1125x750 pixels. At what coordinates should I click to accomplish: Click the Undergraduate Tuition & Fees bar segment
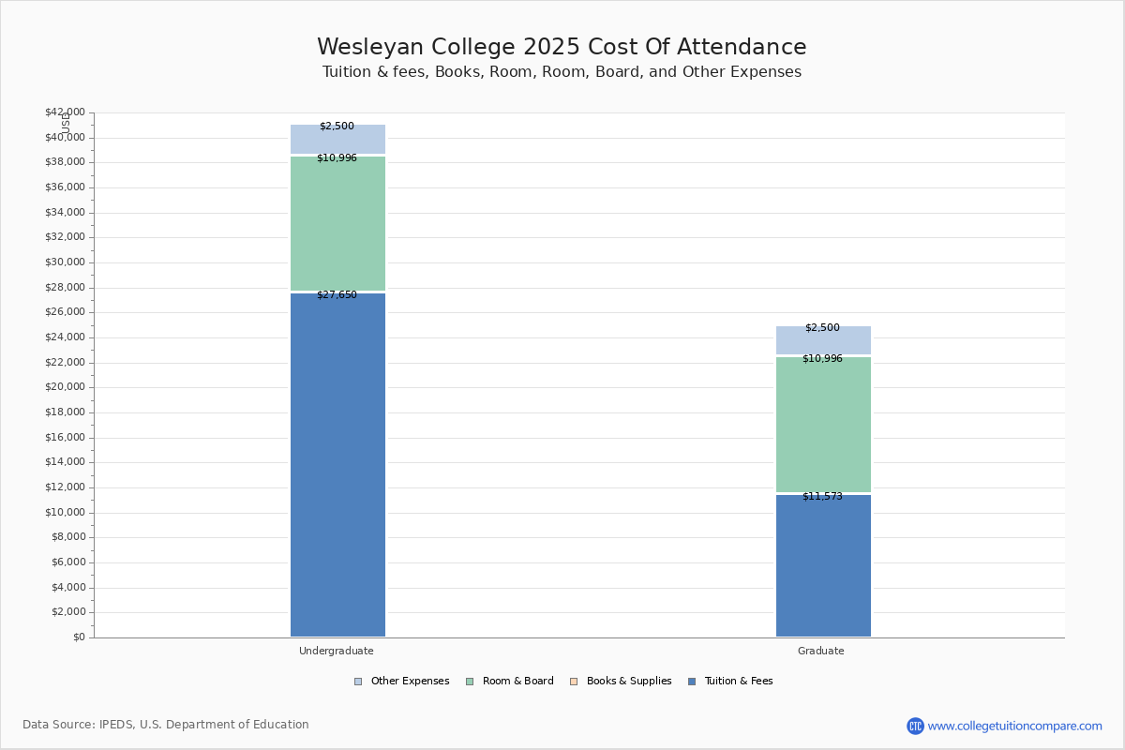click(337, 465)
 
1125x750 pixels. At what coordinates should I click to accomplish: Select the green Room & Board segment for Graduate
click(823, 424)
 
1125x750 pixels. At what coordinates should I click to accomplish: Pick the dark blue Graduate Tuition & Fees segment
click(823, 565)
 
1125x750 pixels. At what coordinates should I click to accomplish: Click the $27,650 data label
click(337, 294)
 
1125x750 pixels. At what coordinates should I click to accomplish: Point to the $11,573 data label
click(822, 496)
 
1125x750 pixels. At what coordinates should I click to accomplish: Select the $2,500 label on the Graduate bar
click(822, 327)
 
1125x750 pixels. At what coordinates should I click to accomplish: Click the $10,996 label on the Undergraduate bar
click(337, 157)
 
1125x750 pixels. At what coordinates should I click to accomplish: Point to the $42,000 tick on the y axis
click(65, 112)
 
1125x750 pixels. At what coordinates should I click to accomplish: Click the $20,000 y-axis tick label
click(65, 387)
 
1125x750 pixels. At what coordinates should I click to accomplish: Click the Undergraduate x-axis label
click(337, 651)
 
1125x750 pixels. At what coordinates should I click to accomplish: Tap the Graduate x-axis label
click(821, 651)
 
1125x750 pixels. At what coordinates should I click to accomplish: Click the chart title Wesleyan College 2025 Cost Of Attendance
click(562, 47)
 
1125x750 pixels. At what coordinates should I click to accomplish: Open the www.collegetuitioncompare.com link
click(1014, 726)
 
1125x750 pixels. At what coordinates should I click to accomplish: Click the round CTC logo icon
click(915, 726)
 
